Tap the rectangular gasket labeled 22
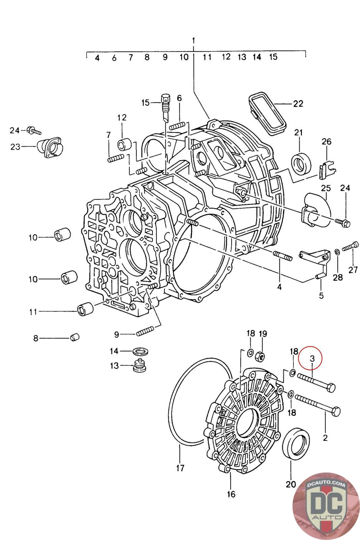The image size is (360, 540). (267, 111)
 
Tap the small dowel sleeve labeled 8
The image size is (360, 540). (75, 337)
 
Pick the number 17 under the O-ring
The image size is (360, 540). (180, 468)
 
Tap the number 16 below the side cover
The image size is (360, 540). (231, 494)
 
